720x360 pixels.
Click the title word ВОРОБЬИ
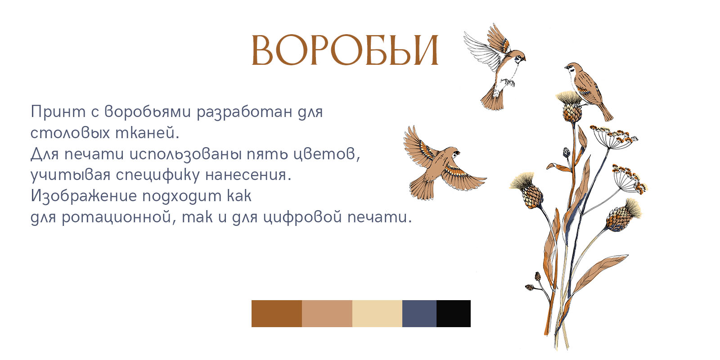pyautogui.click(x=345, y=50)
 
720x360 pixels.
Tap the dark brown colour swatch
pyautogui.click(x=276, y=314)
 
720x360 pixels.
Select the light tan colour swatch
pyautogui.click(x=327, y=314)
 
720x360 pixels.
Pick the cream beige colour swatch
pyautogui.click(x=377, y=314)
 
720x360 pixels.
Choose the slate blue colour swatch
pyautogui.click(x=419, y=314)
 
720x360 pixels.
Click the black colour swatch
pyautogui.click(x=454, y=314)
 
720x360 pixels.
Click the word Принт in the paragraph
pyautogui.click(x=58, y=112)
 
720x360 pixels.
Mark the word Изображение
pyautogui.click(x=84, y=196)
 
